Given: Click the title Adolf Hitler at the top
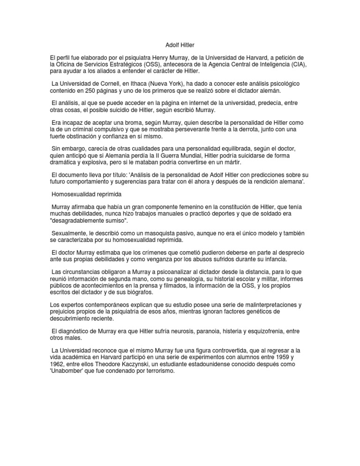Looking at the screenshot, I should coord(180,45).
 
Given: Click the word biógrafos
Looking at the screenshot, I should coord(153,292).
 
